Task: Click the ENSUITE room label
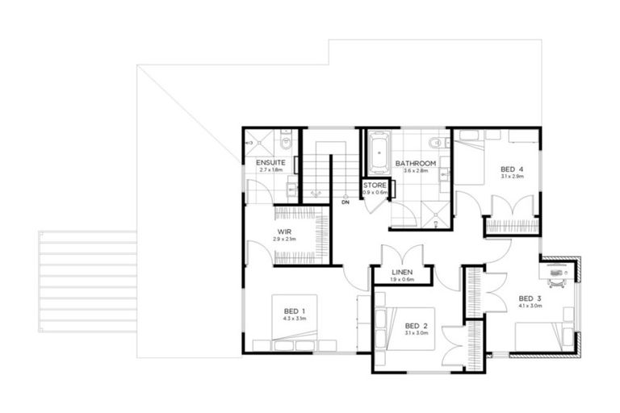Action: click(x=269, y=163)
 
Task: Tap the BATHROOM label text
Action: click(x=416, y=164)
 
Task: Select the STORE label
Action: click(x=375, y=186)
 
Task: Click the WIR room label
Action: click(x=284, y=232)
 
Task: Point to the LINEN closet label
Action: click(x=401, y=272)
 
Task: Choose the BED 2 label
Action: click(x=416, y=325)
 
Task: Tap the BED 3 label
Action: click(x=530, y=298)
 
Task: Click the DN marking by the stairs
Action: click(x=345, y=202)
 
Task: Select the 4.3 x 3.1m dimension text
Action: click(x=294, y=319)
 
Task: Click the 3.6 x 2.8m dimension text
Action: click(x=416, y=171)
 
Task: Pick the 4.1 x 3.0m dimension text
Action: click(x=530, y=306)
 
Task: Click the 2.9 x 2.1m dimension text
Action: click(x=284, y=240)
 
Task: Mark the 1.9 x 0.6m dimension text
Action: click(x=401, y=280)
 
